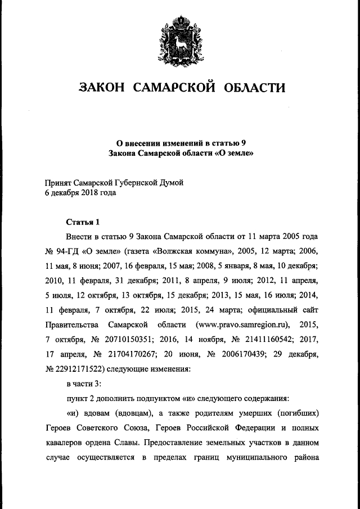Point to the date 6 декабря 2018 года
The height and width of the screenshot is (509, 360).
point(80,192)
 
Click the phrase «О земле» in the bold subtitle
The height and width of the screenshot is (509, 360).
point(235,152)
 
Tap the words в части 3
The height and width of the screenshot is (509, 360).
point(83,385)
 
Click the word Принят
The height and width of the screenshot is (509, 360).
point(58,182)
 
